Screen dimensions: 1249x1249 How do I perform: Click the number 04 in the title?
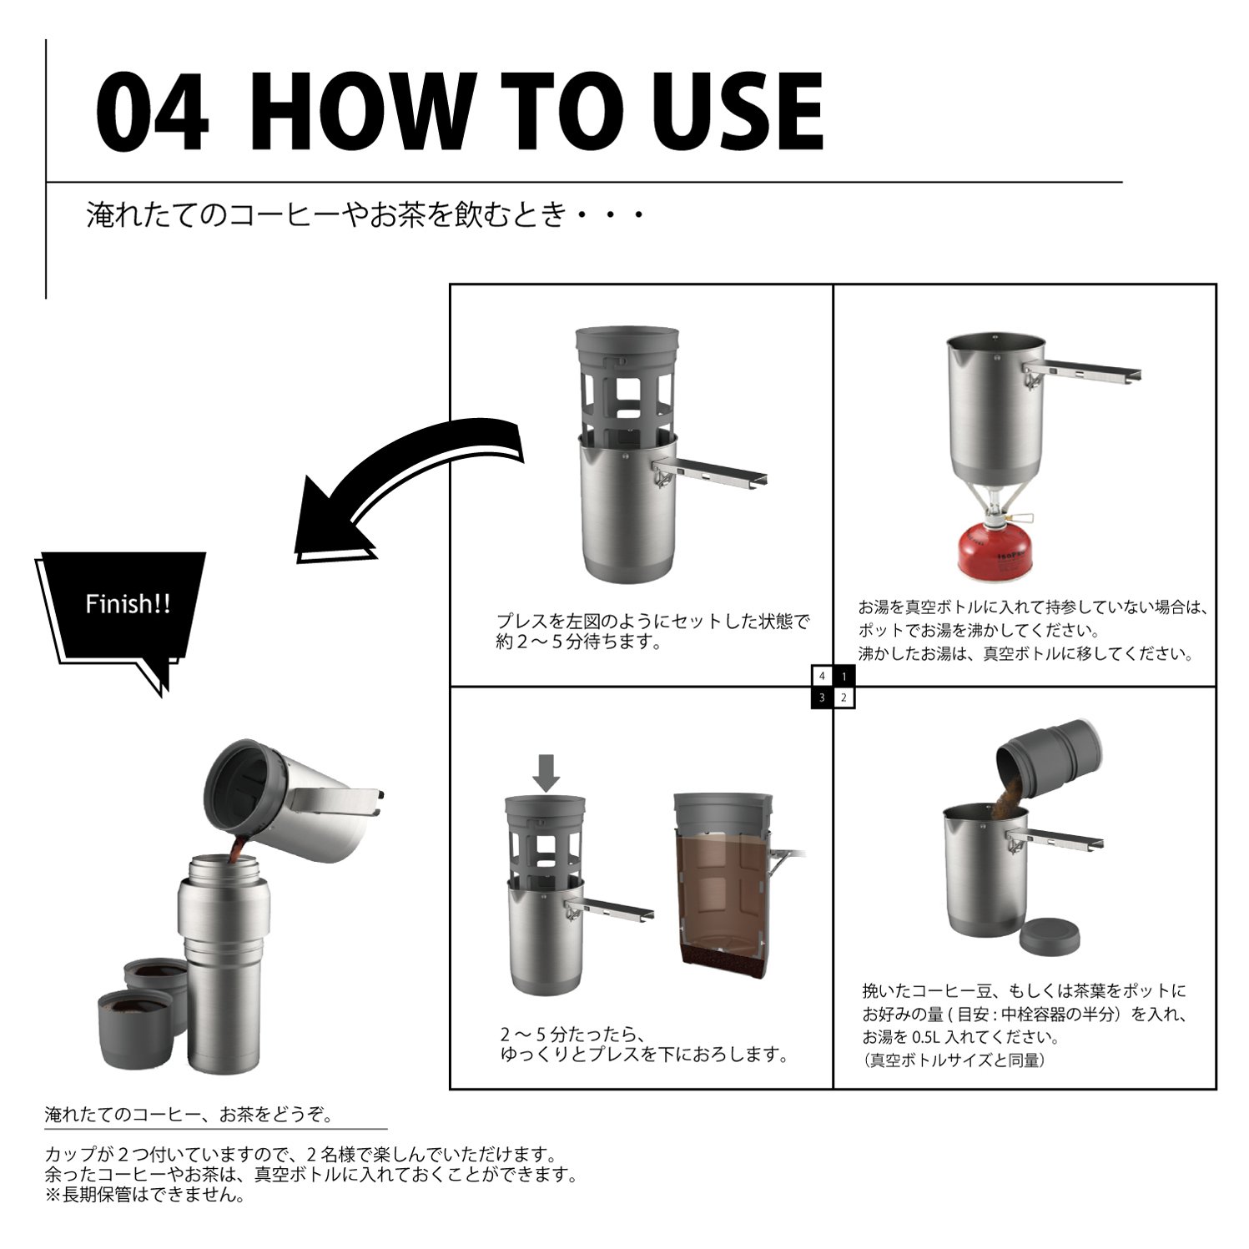[x=152, y=111]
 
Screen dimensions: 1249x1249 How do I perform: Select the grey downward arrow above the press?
[x=546, y=773]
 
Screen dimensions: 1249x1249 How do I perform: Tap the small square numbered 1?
[x=844, y=676]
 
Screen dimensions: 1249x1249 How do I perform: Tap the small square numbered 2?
[x=844, y=698]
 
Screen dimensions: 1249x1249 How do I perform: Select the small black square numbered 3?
[x=822, y=698]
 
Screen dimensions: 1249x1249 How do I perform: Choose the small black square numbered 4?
[x=822, y=676]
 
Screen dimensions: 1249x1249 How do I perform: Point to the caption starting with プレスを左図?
[x=652, y=632]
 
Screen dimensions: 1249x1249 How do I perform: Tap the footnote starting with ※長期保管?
[x=145, y=1195]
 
